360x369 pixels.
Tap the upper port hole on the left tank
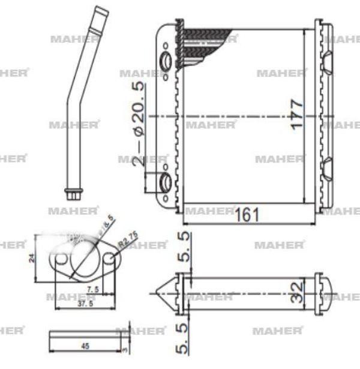[x=166, y=61]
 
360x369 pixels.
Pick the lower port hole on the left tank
[x=166, y=183]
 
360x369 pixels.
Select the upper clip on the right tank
[x=328, y=61]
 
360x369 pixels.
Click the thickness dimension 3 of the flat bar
[x=125, y=346]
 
